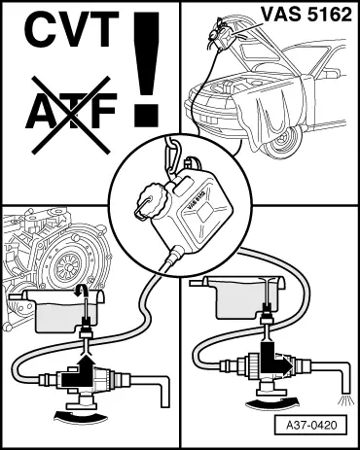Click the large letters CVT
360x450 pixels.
click(x=71, y=29)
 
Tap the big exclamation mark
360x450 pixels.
click(x=146, y=69)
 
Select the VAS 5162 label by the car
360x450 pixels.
click(x=306, y=15)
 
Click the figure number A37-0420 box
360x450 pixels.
click(x=307, y=425)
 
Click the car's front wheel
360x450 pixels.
click(x=282, y=142)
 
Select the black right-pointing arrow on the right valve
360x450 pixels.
click(x=275, y=361)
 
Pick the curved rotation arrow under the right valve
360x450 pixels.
click(x=272, y=402)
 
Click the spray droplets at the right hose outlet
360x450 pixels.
click(x=344, y=399)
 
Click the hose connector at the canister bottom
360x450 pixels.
click(x=175, y=255)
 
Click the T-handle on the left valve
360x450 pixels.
click(x=81, y=400)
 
